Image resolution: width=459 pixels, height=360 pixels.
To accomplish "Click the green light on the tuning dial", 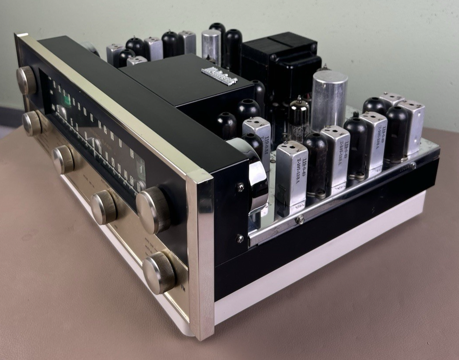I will click(x=67, y=100).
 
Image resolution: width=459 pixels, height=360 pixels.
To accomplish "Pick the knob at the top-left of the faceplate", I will click(x=26, y=80).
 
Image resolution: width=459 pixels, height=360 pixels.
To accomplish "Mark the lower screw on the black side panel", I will click(x=240, y=238).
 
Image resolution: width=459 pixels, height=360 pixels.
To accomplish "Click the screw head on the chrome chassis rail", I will click(x=299, y=219).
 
